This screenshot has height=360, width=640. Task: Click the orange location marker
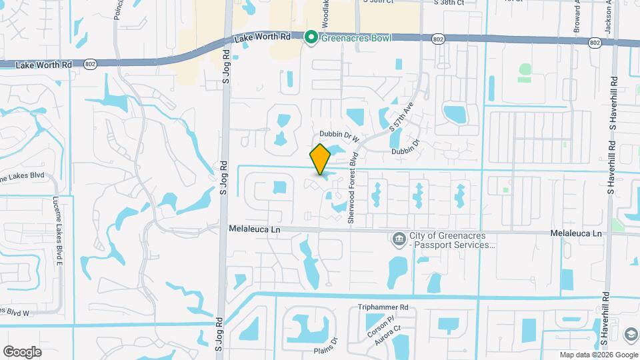[321, 159]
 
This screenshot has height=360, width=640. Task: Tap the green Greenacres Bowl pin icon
[311, 37]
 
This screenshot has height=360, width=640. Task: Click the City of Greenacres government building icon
[398, 238]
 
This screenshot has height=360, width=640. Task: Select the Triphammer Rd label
[383, 307]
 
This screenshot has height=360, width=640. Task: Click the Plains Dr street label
[325, 340]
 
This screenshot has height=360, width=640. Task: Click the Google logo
[22, 351]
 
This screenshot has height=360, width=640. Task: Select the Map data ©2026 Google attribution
[598, 355]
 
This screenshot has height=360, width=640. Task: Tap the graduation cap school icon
[630, 333]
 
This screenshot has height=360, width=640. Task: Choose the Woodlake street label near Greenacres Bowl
[325, 13]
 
